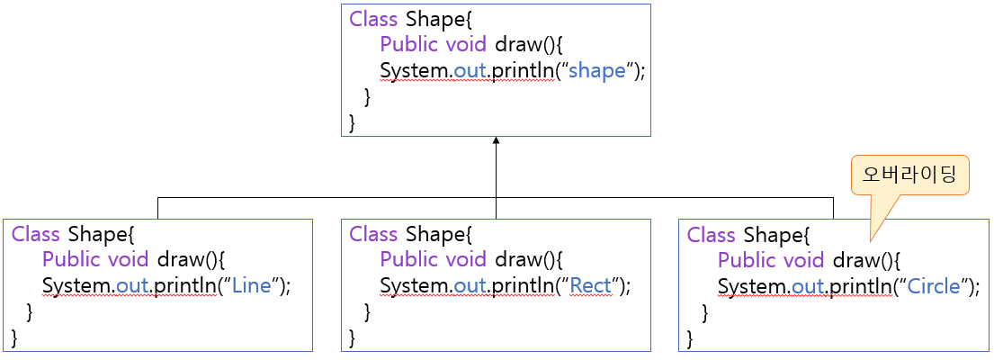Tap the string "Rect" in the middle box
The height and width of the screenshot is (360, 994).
tap(590, 286)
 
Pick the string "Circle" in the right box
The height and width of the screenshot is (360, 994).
tap(936, 286)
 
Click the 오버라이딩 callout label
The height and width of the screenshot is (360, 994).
tap(910, 175)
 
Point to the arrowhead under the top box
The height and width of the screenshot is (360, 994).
tap(496, 142)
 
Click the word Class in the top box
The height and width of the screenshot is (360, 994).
tap(373, 19)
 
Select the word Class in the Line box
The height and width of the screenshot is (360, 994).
tap(36, 235)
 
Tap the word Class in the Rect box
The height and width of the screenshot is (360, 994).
tap(373, 235)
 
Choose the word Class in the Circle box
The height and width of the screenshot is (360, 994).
tap(712, 235)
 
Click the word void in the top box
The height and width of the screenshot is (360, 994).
tap(466, 45)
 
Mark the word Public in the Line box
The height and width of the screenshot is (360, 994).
tap(71, 260)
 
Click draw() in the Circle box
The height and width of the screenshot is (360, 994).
tap(866, 260)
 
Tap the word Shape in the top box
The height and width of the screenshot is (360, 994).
tap(436, 19)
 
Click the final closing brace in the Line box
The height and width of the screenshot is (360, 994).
tap(14, 337)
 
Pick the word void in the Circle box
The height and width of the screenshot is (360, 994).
tap(803, 260)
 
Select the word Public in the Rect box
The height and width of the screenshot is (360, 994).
tap(408, 260)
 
